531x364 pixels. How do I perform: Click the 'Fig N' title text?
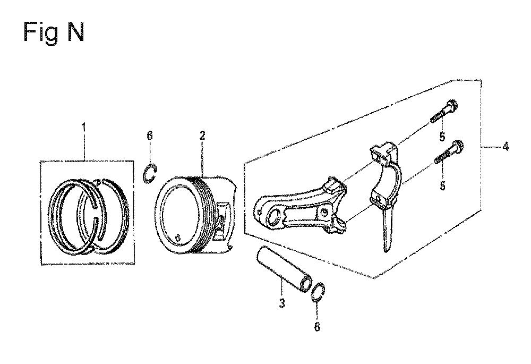(x=54, y=33)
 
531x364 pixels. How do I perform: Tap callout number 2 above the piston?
(x=202, y=136)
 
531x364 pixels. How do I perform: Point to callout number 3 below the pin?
(x=282, y=303)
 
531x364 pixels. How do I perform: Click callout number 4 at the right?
(x=506, y=147)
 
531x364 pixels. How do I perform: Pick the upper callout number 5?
(x=442, y=137)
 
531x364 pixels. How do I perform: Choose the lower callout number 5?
(x=443, y=186)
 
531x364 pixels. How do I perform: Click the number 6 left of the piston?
(x=150, y=136)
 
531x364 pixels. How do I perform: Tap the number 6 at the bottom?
(x=317, y=327)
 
